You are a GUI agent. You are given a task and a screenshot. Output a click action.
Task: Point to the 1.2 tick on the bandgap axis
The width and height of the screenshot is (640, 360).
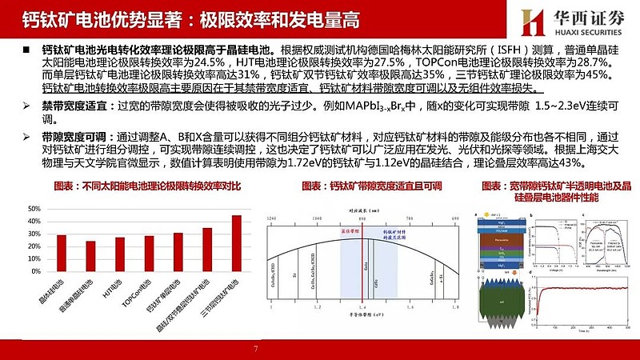(x=318, y=306)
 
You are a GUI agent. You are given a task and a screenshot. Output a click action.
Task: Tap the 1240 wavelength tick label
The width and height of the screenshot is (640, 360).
(x=271, y=218)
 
